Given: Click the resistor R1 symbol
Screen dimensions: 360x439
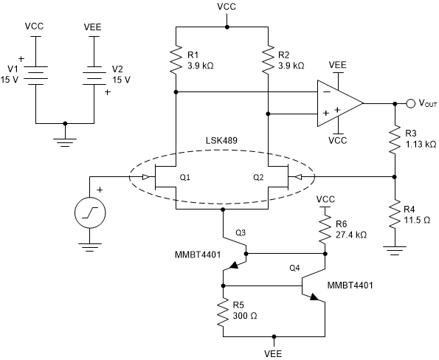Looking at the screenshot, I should [x=176, y=59].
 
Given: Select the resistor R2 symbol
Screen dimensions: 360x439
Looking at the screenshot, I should [x=267, y=59].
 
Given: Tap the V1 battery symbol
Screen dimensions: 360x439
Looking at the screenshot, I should [x=35, y=74].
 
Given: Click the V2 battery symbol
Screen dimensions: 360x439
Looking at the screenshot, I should [x=94, y=74].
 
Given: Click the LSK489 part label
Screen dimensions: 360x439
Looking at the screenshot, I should [x=222, y=159].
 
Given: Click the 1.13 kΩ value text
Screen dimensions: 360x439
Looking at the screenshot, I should [x=420, y=145].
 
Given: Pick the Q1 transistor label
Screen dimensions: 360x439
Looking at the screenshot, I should [x=185, y=177].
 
